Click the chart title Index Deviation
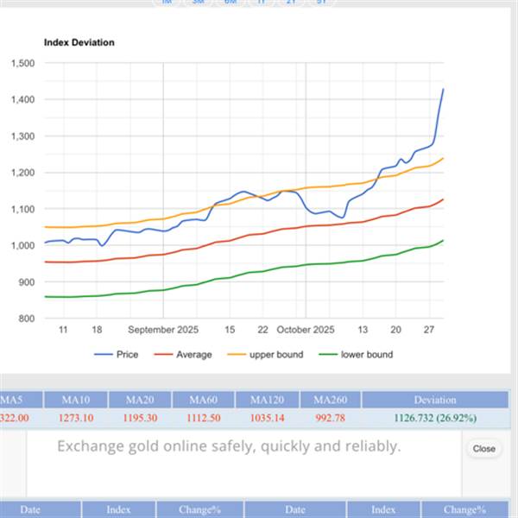[x=79, y=42]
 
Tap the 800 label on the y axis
[x=26, y=319]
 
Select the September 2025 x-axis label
[x=163, y=330]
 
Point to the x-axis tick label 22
[x=263, y=330]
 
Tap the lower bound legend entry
[x=366, y=355]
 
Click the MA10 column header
[x=75, y=400]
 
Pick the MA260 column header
[x=330, y=400]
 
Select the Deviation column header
[x=434, y=400]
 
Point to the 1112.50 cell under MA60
[x=203, y=418]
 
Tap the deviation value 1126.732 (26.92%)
[x=434, y=418]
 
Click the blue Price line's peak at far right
[x=443, y=89]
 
